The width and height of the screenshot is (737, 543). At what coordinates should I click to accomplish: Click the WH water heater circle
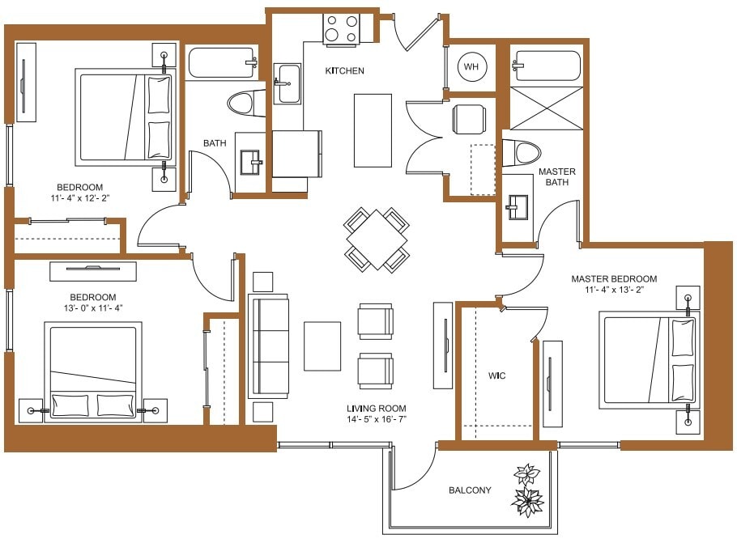tap(471, 67)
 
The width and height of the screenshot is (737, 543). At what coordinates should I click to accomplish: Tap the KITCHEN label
tap(344, 71)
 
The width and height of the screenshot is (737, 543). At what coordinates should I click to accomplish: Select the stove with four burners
tap(342, 29)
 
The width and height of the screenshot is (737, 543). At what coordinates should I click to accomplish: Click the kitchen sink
tap(288, 83)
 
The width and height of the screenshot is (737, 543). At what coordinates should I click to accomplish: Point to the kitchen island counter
tap(373, 130)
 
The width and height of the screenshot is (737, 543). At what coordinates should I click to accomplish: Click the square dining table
tap(377, 240)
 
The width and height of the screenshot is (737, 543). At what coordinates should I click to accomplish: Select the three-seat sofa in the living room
tap(269, 346)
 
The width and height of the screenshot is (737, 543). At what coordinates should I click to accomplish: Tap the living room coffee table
tap(322, 346)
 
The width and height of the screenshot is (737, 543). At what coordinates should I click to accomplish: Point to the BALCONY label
tap(470, 490)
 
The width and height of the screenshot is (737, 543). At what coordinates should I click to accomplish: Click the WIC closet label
tap(497, 376)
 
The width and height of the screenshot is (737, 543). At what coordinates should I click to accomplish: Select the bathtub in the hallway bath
tap(222, 63)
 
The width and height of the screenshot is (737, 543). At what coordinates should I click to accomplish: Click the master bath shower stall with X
tap(546, 107)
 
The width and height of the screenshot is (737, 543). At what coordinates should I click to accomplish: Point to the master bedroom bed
tap(648, 361)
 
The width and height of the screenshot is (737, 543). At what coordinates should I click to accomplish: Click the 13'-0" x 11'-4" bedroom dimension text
tap(92, 308)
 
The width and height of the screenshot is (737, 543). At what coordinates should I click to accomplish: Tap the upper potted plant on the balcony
tap(526, 474)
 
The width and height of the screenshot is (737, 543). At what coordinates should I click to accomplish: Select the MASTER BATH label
tap(557, 176)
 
